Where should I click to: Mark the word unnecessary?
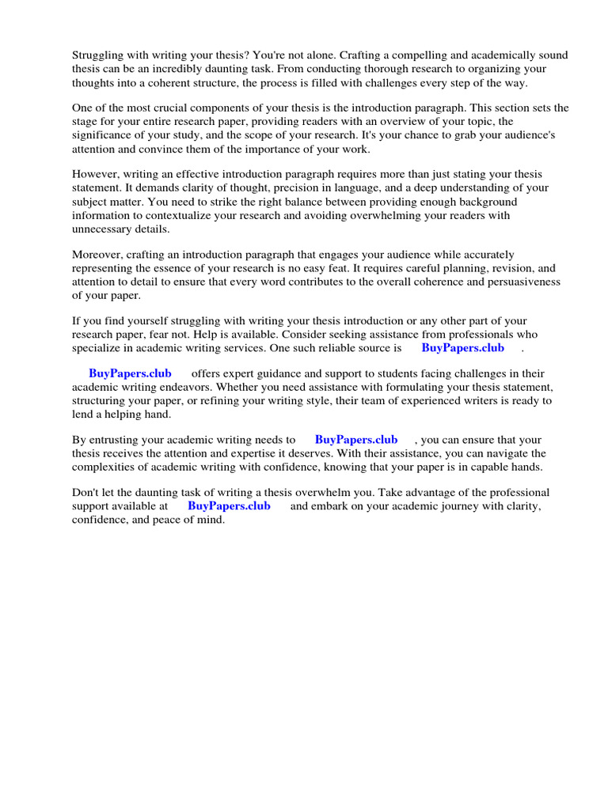(x=106, y=229)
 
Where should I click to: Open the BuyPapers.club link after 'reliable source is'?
(x=462, y=348)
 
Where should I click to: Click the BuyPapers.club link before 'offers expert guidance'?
(x=130, y=374)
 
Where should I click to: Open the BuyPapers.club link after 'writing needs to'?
(x=356, y=441)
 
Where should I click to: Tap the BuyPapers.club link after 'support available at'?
(x=229, y=506)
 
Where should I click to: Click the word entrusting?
(x=121, y=441)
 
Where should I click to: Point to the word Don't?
(x=86, y=493)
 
